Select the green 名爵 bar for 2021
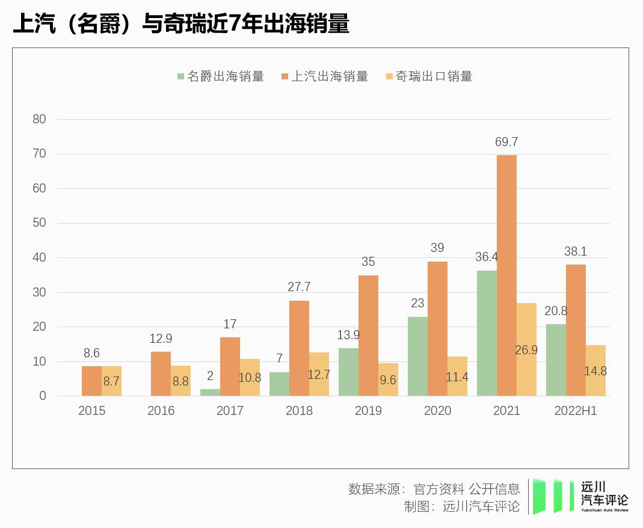click(x=487, y=333)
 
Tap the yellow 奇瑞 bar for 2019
click(x=388, y=379)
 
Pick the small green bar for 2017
click(x=210, y=392)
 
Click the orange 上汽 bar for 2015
click(x=91, y=381)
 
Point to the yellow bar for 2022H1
click(x=595, y=370)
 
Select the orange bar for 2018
click(x=299, y=348)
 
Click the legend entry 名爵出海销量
click(x=220, y=76)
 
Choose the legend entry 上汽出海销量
click(x=324, y=76)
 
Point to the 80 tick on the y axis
click(x=39, y=119)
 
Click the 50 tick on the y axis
click(x=39, y=223)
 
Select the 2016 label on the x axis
click(x=161, y=411)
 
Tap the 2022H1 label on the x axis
click(x=576, y=411)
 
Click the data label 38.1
click(x=575, y=251)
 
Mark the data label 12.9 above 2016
click(x=161, y=339)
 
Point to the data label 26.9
click(x=526, y=350)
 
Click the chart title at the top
click(x=180, y=24)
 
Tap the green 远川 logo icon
click(x=552, y=496)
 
